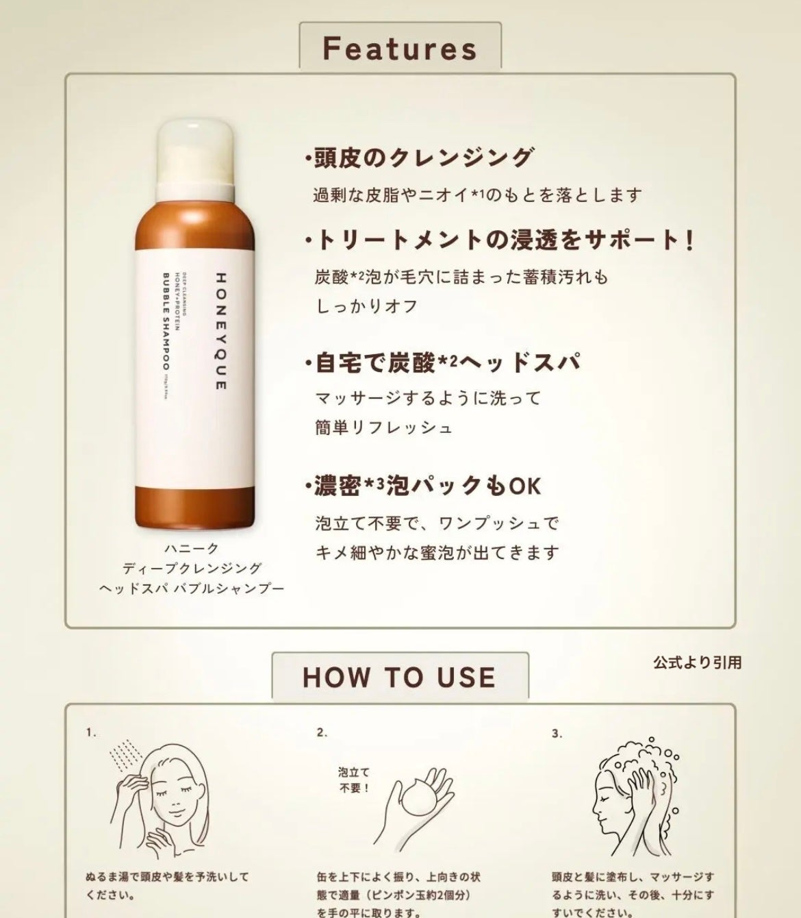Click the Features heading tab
[x=400, y=48]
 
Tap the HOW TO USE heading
[x=399, y=677]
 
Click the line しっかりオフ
[x=367, y=306]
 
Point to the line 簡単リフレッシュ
[x=383, y=427]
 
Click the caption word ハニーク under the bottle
[x=192, y=548]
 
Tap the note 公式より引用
[x=697, y=662]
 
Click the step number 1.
[x=91, y=733]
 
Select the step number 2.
[x=322, y=733]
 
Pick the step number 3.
[x=557, y=734]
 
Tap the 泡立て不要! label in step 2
[x=353, y=780]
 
